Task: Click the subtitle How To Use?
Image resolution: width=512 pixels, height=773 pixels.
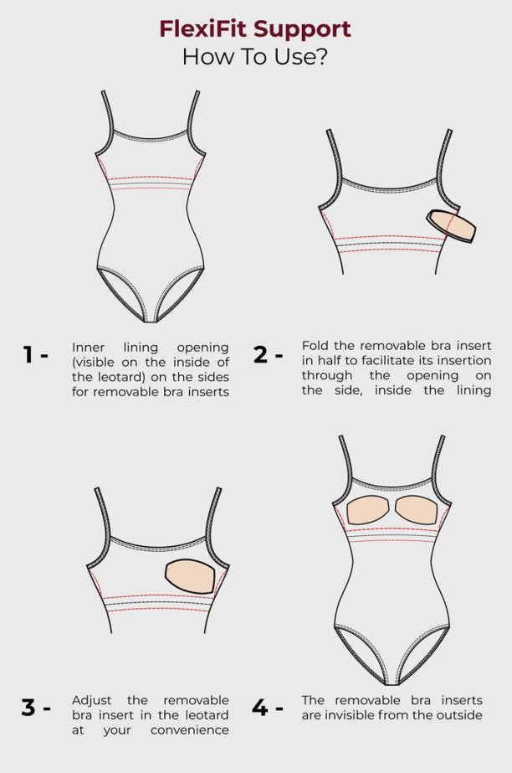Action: [255, 57]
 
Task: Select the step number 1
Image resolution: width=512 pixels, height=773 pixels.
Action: [28, 354]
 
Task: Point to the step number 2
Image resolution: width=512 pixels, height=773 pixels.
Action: [260, 354]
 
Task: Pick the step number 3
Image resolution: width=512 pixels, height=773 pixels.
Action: [28, 708]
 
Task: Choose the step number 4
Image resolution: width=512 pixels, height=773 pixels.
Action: [259, 708]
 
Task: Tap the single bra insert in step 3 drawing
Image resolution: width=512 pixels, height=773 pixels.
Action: [190, 576]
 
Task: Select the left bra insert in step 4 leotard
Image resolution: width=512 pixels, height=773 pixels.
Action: [369, 510]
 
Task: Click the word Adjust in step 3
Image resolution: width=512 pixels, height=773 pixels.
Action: [92, 700]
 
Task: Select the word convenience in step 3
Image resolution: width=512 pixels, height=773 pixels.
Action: [190, 729]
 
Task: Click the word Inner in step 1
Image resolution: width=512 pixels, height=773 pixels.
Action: [88, 348]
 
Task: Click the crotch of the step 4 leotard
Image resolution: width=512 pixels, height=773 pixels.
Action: [392, 681]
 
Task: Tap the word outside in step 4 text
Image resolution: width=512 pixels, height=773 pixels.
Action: [460, 715]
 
